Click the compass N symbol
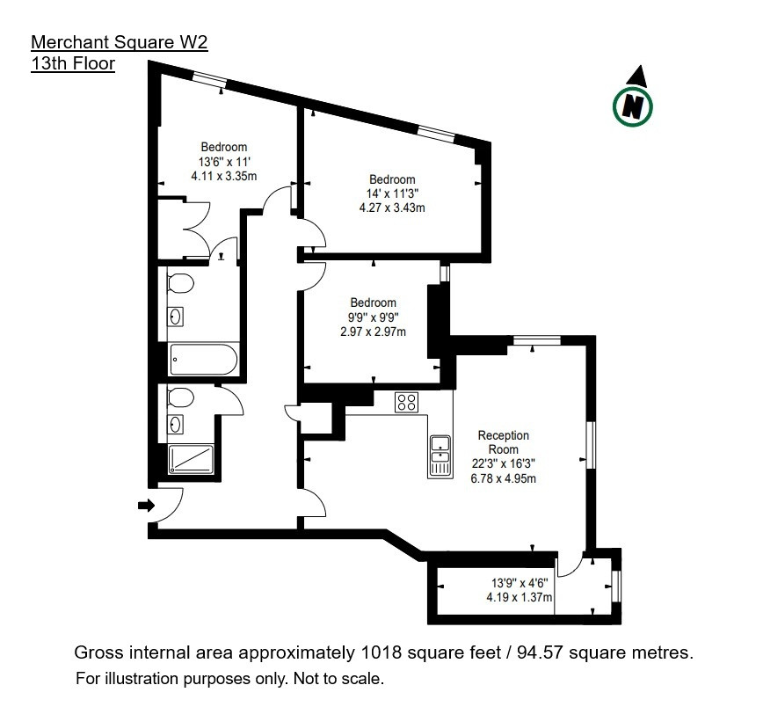(633, 106)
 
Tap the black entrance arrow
(147, 506)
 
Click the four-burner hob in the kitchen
(407, 402)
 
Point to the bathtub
(204, 360)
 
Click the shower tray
(192, 459)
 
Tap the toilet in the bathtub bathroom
(180, 283)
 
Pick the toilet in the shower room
(180, 397)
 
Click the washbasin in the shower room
(175, 425)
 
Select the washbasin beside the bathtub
(175, 317)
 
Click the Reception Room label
(503, 442)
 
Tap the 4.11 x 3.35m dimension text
(224, 176)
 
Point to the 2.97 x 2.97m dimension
(373, 332)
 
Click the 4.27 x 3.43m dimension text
(392, 208)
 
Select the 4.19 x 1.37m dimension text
(520, 597)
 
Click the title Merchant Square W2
(120, 42)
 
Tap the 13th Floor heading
(73, 64)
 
